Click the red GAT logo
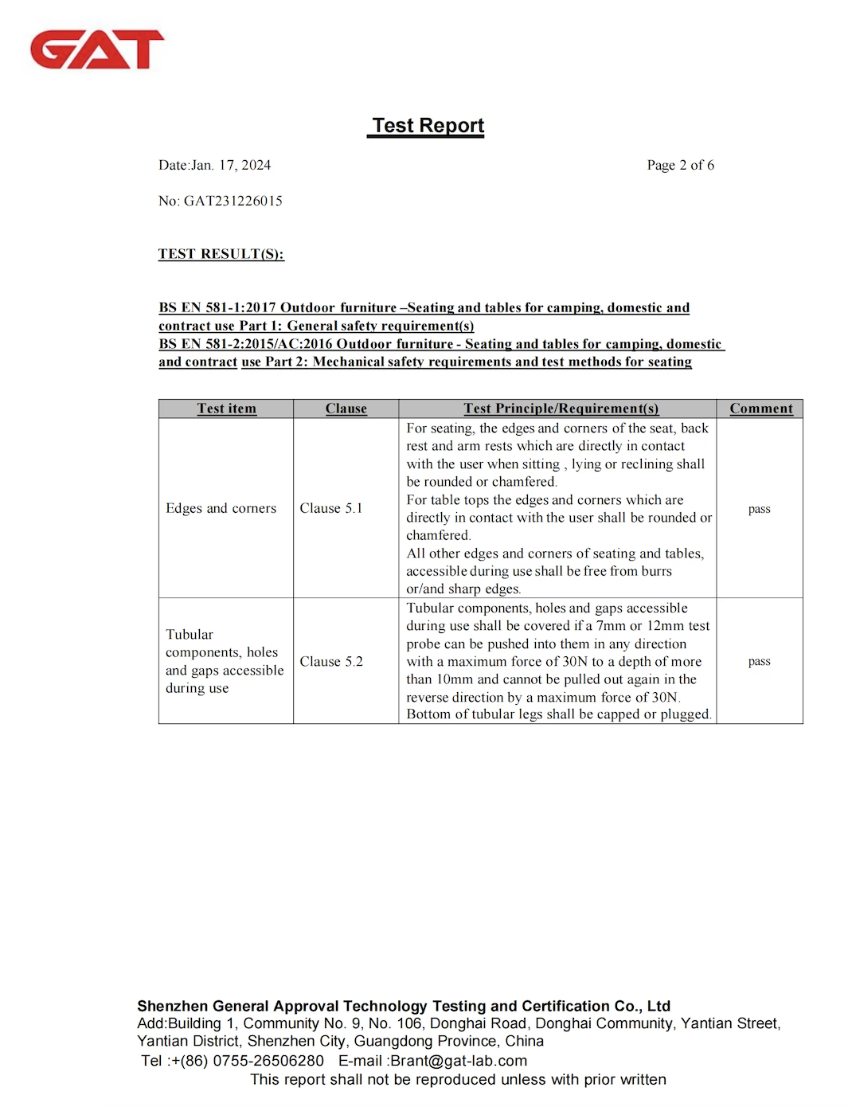tap(97, 49)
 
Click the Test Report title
tap(428, 126)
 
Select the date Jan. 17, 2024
tap(231, 166)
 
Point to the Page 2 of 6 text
tap(680, 166)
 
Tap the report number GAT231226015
tap(233, 201)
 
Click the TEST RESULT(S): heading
tap(221, 254)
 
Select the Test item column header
tap(227, 409)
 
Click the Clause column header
tap(346, 409)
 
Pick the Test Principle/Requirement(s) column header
tap(561, 409)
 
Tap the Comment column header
tap(760, 409)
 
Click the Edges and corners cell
tap(221, 508)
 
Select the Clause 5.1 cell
tap(330, 508)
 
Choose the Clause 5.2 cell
tap(330, 662)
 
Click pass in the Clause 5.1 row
tap(759, 509)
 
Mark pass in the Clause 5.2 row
tap(759, 661)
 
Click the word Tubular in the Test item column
tap(190, 635)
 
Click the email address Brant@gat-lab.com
tap(458, 1061)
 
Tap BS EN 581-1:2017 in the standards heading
tap(216, 308)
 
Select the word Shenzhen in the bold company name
tap(173, 1006)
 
